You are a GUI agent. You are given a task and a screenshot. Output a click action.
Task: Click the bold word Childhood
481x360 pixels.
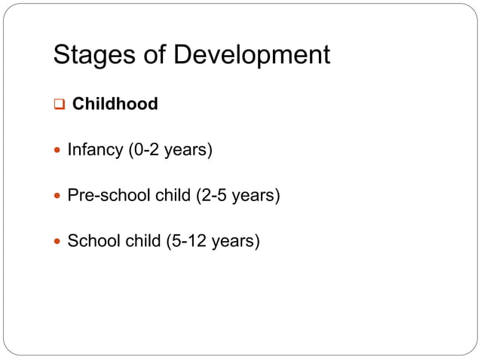pos(115,104)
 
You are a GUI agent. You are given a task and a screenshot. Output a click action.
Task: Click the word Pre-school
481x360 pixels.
pos(109,196)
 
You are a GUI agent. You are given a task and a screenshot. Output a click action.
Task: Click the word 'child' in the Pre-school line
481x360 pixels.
pos(173,196)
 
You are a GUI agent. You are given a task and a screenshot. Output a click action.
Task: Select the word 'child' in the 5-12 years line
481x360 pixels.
pos(139,242)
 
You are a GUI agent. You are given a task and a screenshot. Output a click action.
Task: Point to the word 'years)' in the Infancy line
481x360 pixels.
pos(189,150)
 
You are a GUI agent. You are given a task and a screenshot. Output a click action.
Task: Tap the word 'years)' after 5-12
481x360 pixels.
pos(236,242)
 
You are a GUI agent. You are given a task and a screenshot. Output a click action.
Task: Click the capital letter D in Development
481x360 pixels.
pos(182,55)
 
